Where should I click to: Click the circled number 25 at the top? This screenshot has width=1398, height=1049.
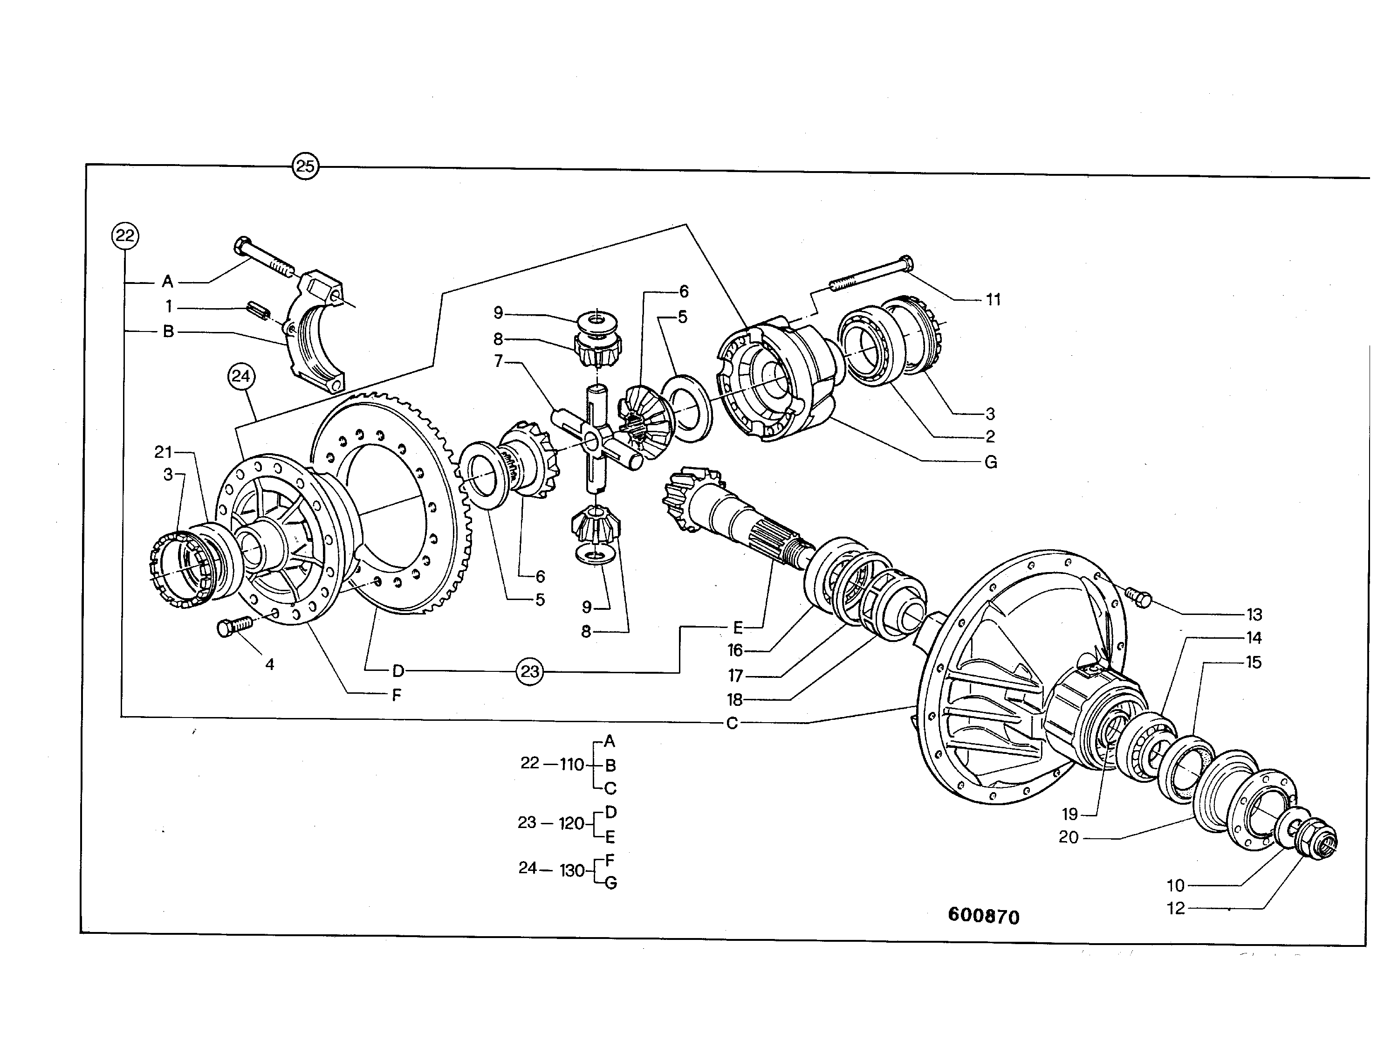click(x=305, y=166)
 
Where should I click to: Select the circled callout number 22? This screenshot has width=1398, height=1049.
click(x=125, y=236)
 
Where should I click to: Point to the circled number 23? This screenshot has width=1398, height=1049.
click(x=530, y=671)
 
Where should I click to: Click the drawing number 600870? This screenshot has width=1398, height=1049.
click(x=983, y=916)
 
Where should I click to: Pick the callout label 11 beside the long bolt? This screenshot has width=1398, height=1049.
click(x=993, y=300)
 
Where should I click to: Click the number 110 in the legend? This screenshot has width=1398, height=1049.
click(x=571, y=765)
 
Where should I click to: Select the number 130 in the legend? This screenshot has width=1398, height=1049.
click(x=572, y=871)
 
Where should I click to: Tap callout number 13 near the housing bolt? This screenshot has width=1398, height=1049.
click(x=1254, y=614)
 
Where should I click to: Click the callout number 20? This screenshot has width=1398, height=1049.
click(x=1069, y=837)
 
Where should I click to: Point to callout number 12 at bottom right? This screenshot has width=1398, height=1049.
click(x=1176, y=909)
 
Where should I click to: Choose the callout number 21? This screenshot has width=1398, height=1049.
click(x=163, y=452)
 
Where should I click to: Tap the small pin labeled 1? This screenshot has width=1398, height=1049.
click(x=258, y=311)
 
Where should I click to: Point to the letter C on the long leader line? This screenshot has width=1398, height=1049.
click(x=732, y=723)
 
